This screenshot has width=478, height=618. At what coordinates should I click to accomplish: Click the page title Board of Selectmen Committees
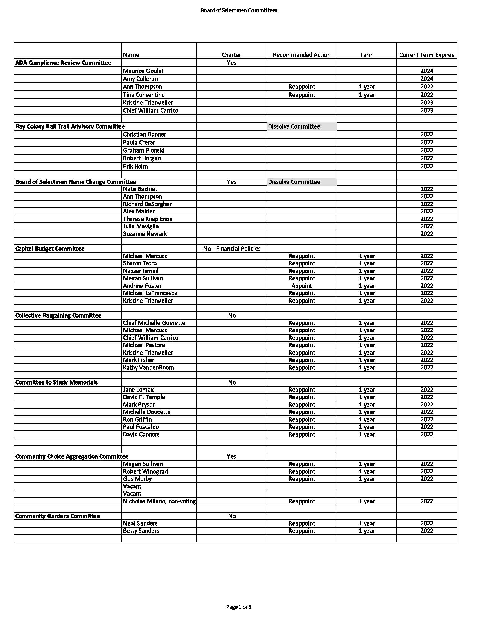coord(239,10)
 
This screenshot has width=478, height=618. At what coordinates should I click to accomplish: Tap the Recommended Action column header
coord(302,55)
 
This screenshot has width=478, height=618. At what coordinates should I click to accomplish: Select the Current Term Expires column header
coord(427,55)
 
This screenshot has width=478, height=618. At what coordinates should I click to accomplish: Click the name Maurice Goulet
coord(143,71)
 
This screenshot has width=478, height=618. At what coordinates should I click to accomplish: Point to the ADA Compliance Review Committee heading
coord(63,63)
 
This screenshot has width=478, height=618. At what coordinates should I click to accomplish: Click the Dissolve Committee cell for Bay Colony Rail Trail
coord(294,126)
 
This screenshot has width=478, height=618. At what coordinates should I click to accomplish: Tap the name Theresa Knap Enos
coord(147,219)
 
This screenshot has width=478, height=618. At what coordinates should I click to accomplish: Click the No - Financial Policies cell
coord(232,249)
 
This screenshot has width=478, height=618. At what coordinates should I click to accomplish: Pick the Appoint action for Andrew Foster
coord(301,286)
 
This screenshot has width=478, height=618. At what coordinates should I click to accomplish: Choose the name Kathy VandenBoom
coord(148,368)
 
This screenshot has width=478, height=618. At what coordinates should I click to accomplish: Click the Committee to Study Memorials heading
coord(56,382)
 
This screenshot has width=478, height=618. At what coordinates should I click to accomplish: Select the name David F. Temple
coord(144,397)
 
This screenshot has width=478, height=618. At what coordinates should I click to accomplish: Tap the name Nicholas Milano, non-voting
coord(159,501)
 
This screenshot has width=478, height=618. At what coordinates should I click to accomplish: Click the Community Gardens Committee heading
coord(57,516)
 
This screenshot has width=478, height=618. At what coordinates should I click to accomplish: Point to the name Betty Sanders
coord(141,531)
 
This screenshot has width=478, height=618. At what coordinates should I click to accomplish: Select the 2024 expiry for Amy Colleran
coord(427,79)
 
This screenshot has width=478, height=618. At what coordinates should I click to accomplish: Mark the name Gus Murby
coord(137,479)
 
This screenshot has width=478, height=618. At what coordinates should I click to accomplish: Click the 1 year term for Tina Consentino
coord(367,95)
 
